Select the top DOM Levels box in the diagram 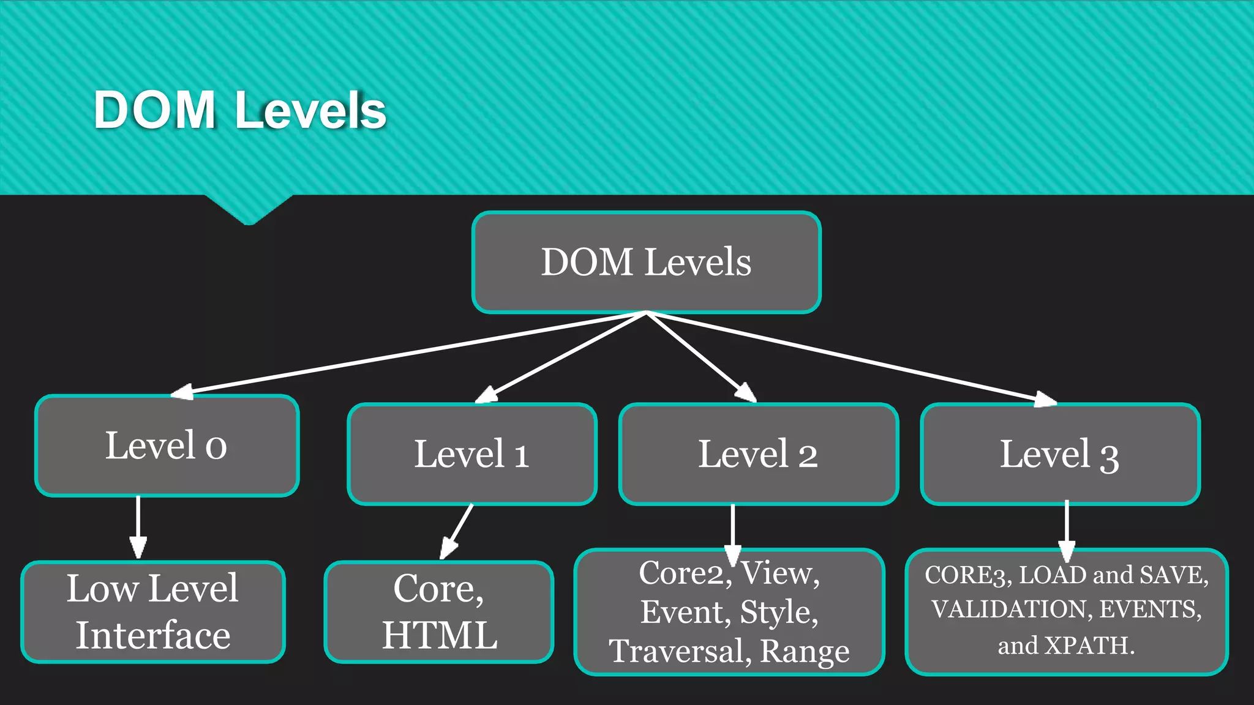click(x=646, y=262)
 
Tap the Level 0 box click(x=167, y=446)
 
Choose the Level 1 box click(x=471, y=454)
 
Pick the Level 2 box click(x=758, y=454)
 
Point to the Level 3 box click(x=1059, y=454)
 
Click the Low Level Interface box click(x=153, y=611)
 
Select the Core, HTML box click(x=439, y=611)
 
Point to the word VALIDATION click(x=1012, y=610)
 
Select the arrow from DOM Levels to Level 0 click(x=404, y=353)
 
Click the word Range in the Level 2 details click(x=805, y=651)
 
